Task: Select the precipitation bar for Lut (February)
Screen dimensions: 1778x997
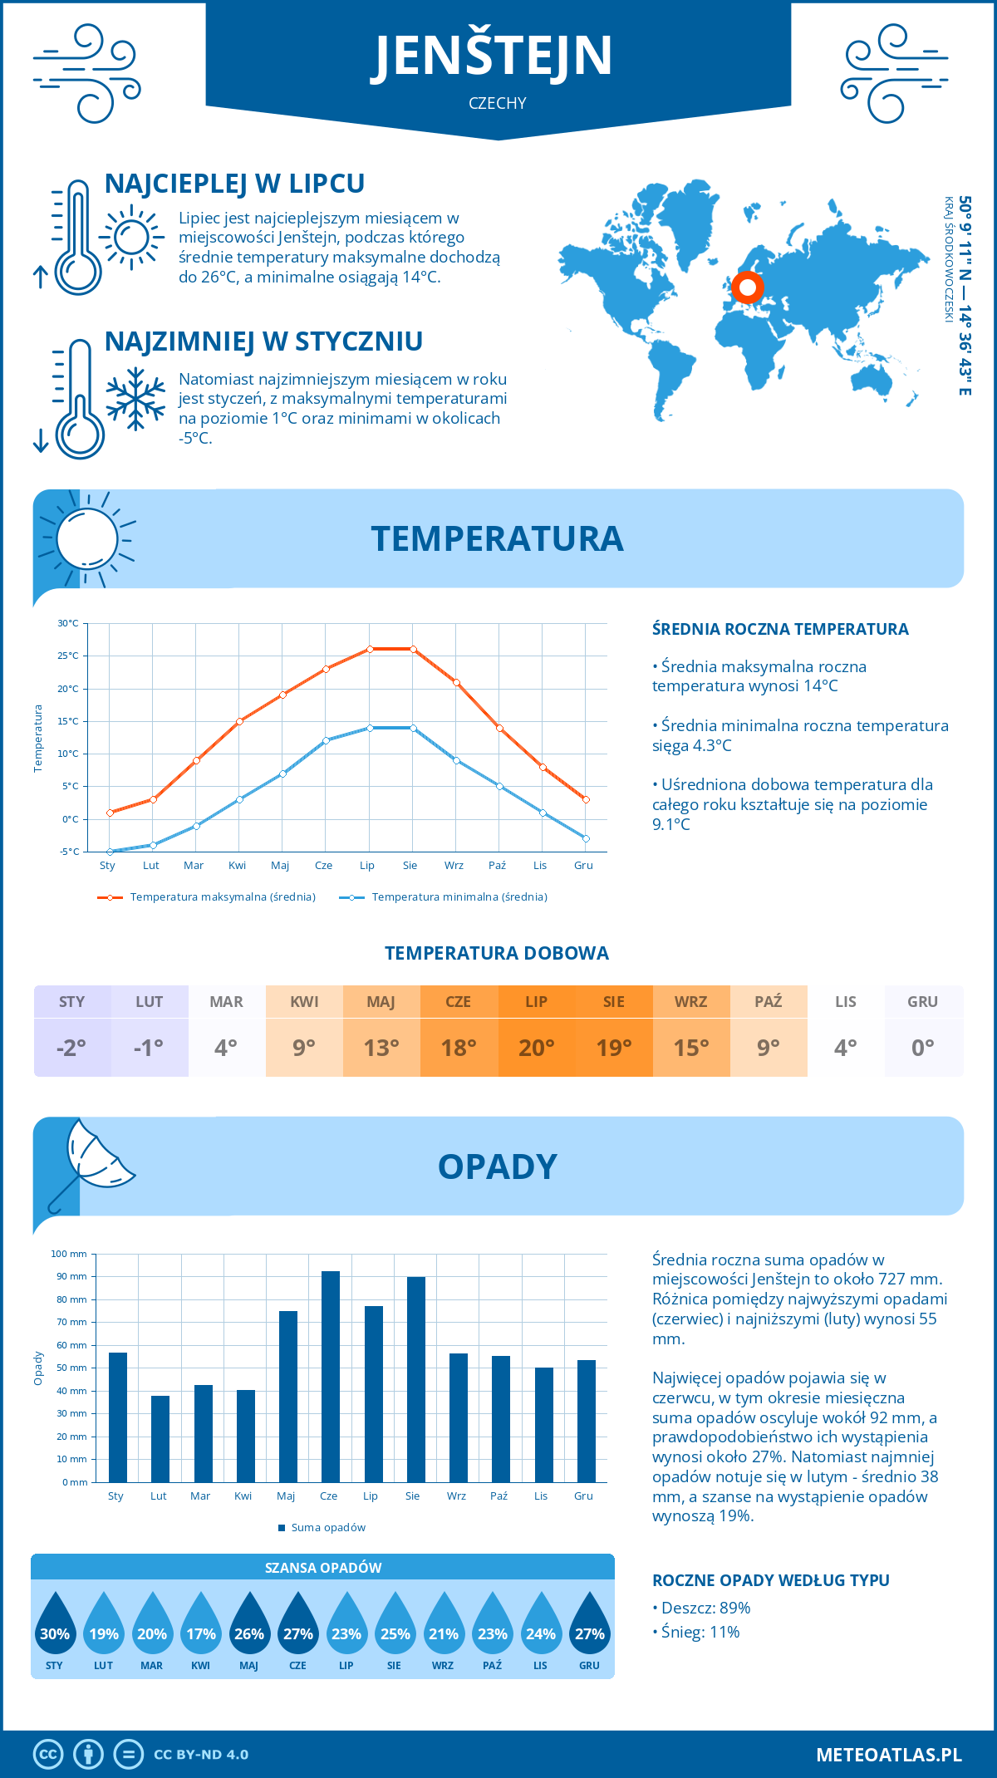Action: pos(160,1439)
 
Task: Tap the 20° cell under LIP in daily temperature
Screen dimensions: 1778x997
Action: pos(537,1048)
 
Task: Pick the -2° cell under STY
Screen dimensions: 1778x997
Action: pos(71,1048)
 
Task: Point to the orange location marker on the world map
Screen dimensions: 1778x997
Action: pos(747,287)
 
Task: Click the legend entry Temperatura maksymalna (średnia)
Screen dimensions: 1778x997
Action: pos(207,897)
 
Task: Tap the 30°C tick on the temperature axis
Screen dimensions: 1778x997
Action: pos(68,623)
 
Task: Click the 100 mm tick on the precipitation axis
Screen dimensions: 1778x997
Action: pos(69,1254)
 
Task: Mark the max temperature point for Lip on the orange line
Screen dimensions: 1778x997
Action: pos(370,649)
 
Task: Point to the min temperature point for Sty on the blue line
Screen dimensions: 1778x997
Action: pos(110,852)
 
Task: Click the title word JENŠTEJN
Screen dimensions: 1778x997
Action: pos(492,56)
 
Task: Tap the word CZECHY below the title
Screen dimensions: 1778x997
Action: pos(497,103)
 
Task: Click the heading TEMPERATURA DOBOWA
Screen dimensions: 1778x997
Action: pos(497,953)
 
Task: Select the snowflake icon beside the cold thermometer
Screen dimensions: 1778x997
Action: pos(135,399)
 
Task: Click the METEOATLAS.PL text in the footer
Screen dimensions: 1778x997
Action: pos(888,1755)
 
